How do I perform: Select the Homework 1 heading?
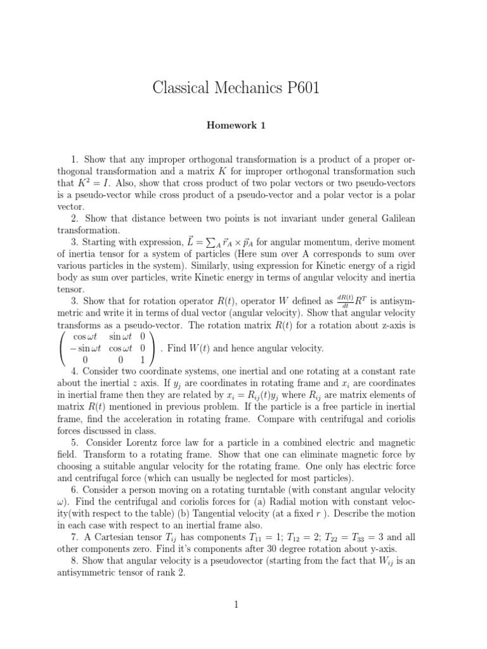pos(235,125)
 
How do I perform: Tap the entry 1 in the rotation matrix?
pos(143,360)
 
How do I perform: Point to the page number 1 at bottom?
pos(235,605)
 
